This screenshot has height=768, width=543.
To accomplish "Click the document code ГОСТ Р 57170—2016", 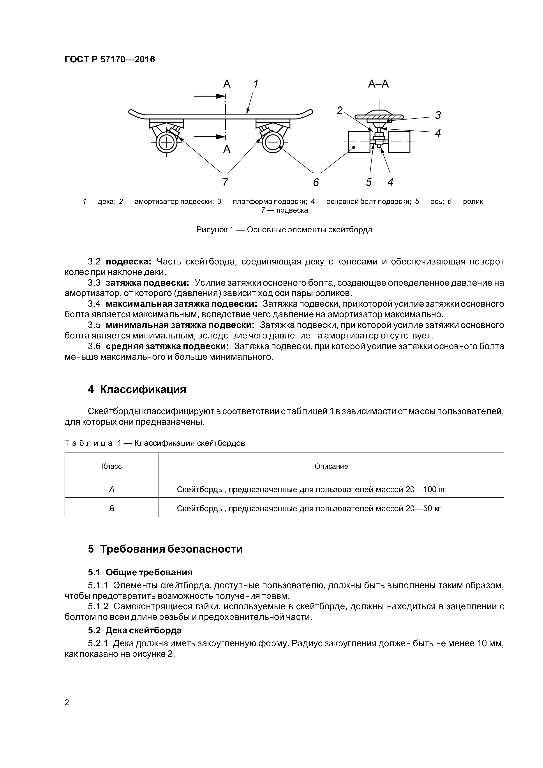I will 110,60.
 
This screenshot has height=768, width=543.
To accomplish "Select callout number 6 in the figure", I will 316,183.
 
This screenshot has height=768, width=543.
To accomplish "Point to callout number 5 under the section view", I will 369,182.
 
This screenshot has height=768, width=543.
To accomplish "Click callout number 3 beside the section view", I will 438,115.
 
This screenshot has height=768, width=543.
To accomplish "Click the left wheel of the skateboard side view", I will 166,143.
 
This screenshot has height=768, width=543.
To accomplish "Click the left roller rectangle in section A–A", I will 359,142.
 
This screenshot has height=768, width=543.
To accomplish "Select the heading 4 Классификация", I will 137,389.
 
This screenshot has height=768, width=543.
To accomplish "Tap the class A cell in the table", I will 112,490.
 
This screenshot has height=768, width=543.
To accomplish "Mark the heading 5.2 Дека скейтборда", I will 135,630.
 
